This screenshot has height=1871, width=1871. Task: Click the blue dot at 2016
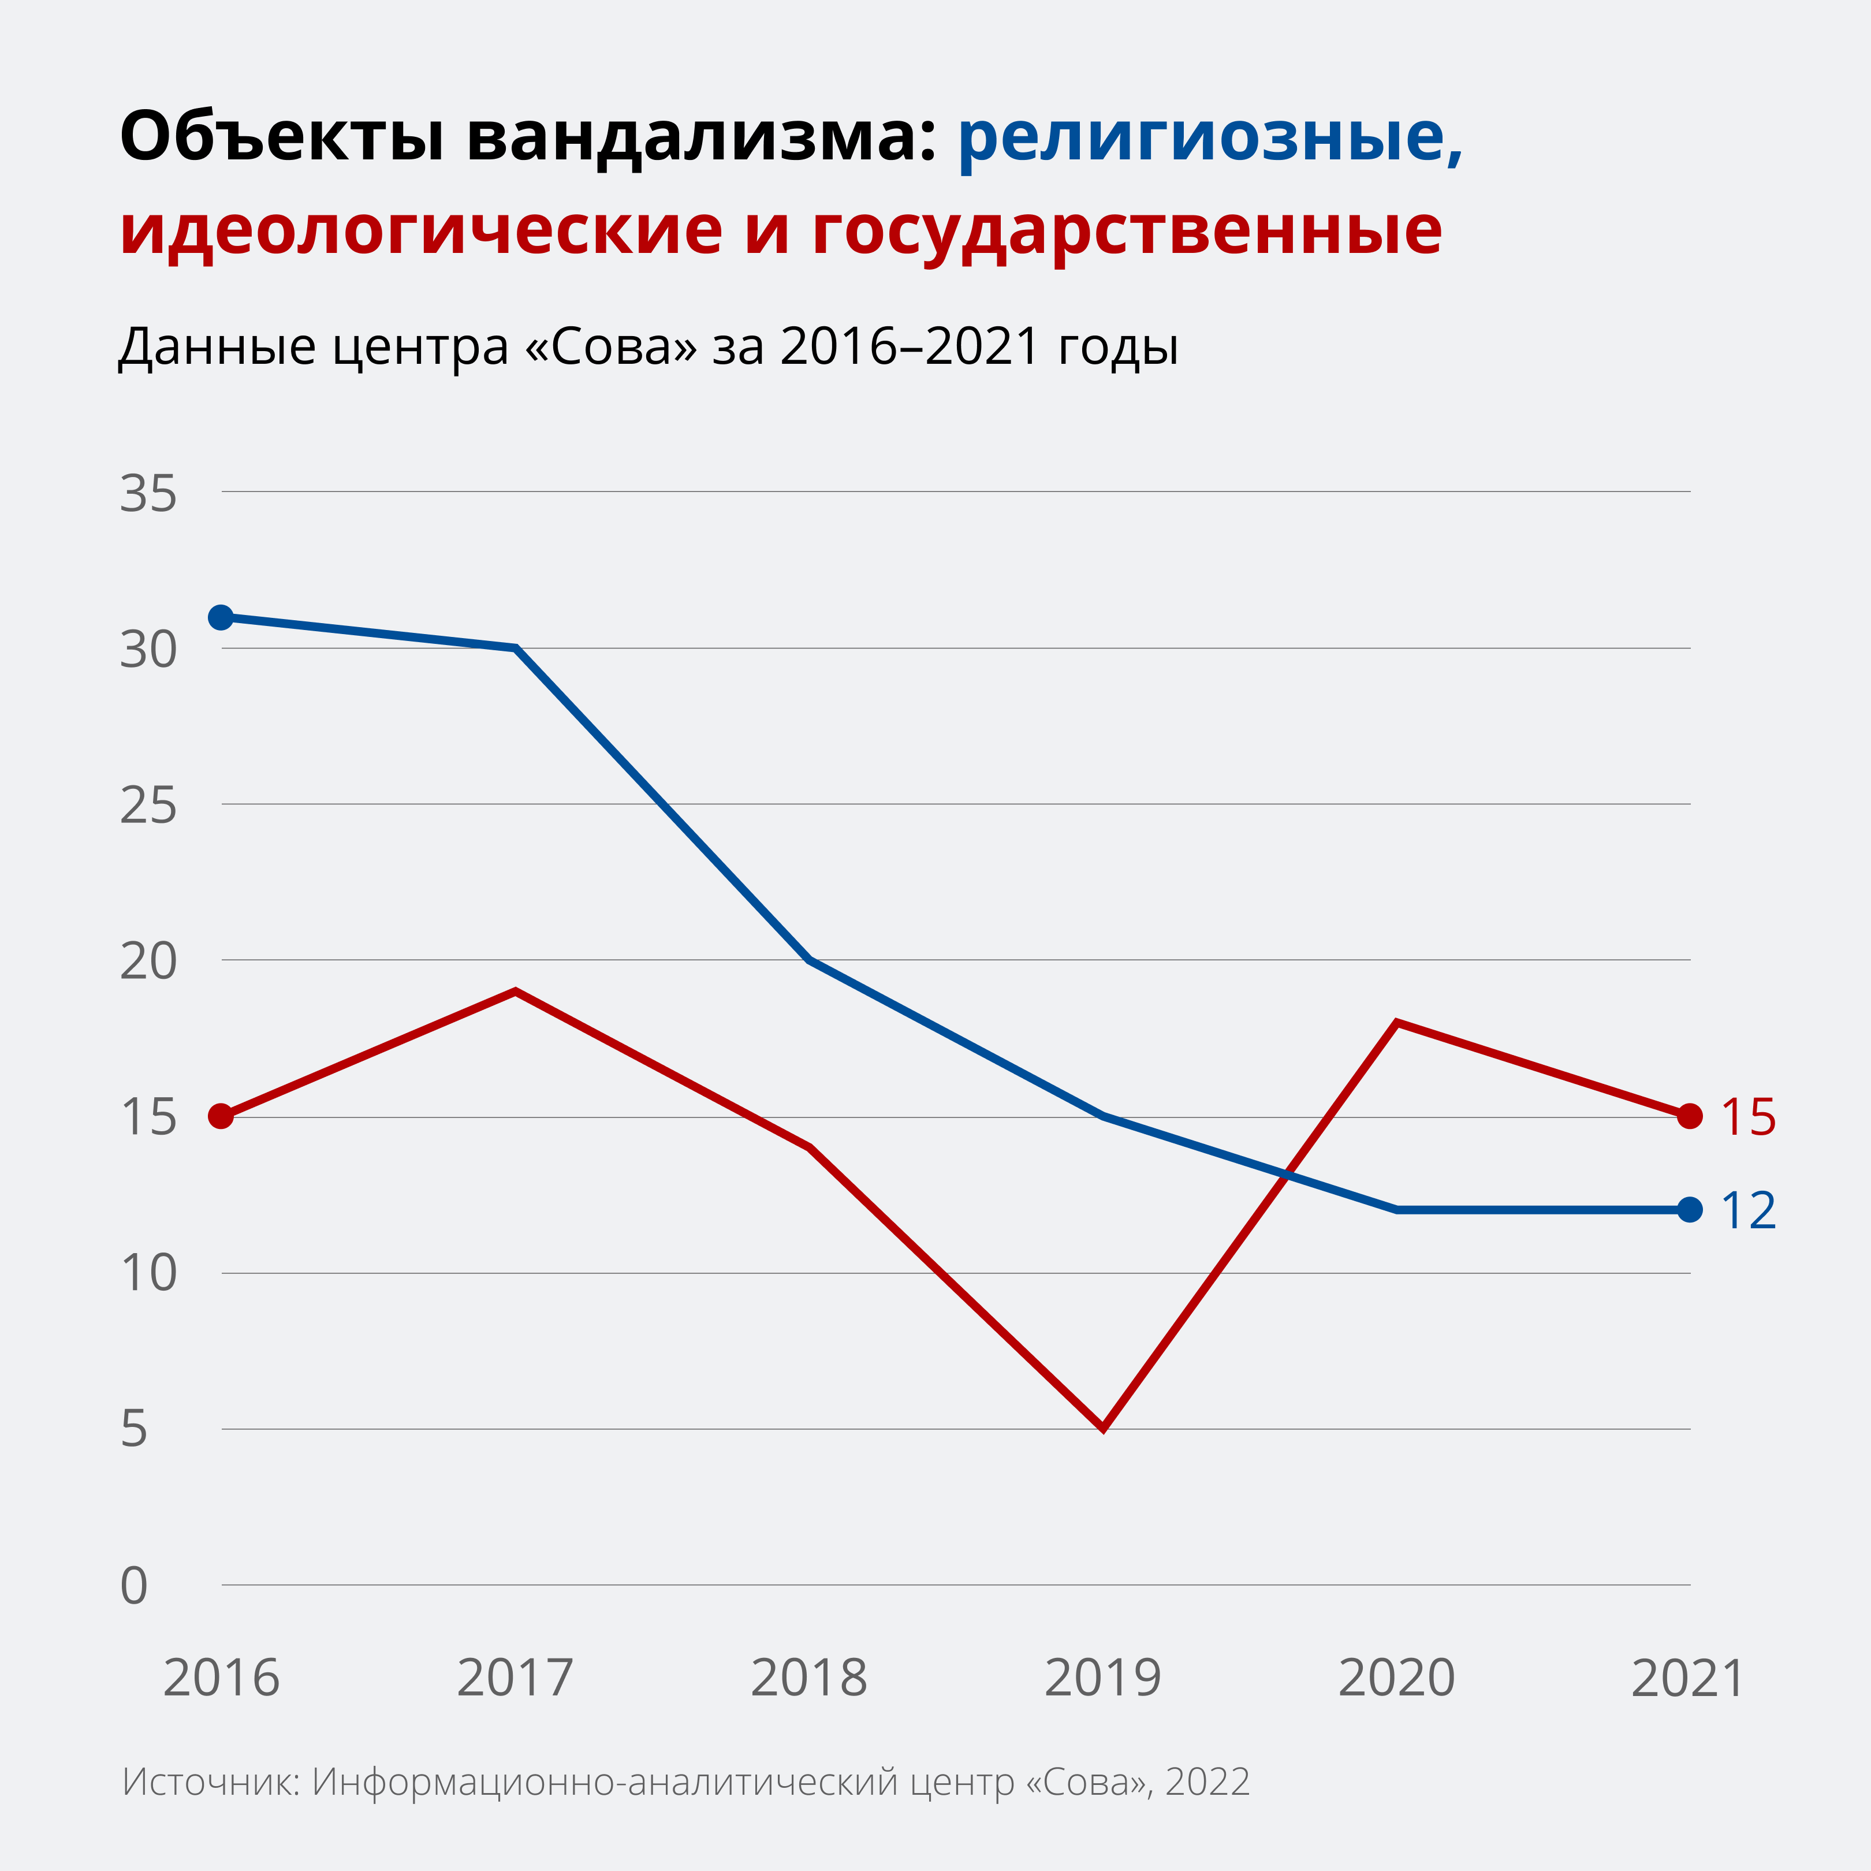(x=221, y=617)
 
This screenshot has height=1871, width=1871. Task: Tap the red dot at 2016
(x=221, y=1117)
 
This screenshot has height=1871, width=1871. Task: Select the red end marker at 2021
(x=1690, y=1117)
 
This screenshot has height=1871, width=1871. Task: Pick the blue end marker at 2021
(x=1690, y=1210)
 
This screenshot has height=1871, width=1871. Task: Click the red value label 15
(x=1748, y=1117)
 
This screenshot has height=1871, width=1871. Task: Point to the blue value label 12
(x=1748, y=1210)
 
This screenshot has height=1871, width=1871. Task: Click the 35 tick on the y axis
(x=148, y=494)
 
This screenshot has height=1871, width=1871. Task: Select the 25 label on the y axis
(x=148, y=806)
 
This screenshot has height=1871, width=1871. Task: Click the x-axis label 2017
(x=515, y=1678)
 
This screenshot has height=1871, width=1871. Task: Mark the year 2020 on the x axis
(x=1396, y=1678)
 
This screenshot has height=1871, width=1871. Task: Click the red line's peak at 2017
(x=515, y=992)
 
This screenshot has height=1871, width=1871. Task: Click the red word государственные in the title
(x=1126, y=232)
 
